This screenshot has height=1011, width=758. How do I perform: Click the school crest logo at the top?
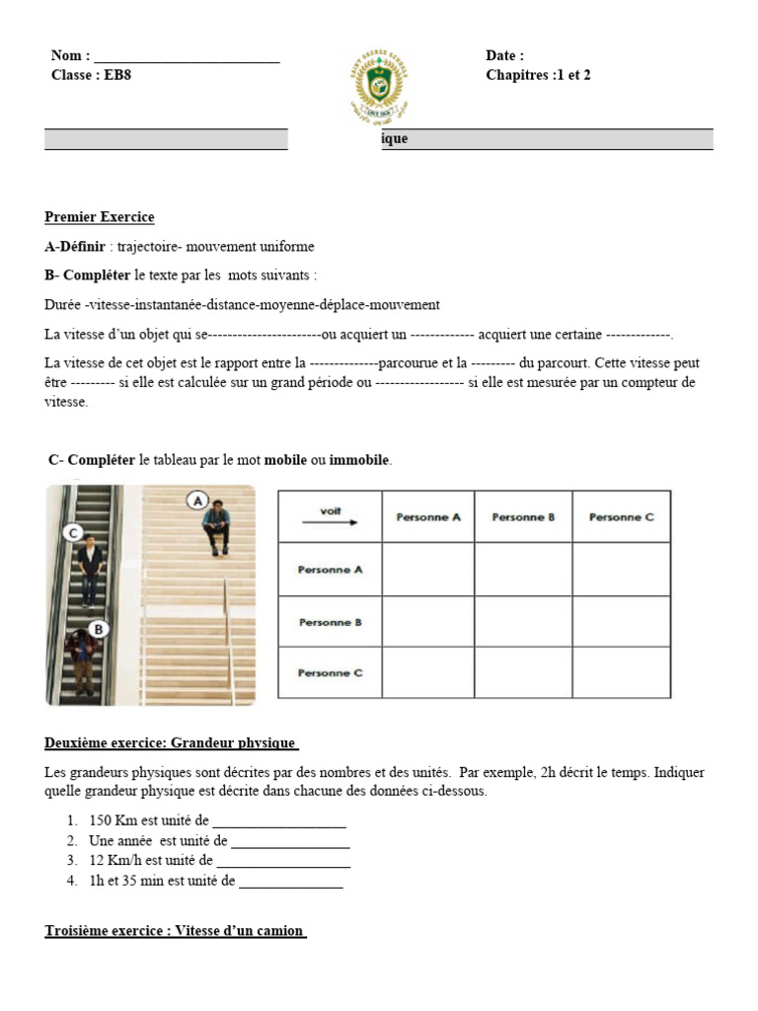(378, 87)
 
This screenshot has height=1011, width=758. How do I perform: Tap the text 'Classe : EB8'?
(90, 75)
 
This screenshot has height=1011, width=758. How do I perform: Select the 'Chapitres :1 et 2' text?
(538, 75)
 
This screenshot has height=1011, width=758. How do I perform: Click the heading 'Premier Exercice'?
(100, 217)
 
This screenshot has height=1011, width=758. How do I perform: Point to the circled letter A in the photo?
(197, 501)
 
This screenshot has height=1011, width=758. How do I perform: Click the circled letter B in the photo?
(98, 628)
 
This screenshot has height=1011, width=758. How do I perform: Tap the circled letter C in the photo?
(72, 533)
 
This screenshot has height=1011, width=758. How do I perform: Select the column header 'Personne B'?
(523, 516)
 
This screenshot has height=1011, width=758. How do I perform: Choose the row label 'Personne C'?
(331, 673)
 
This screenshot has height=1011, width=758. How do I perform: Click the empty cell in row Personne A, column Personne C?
(621, 570)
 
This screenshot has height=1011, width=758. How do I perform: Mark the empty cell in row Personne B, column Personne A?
(427, 622)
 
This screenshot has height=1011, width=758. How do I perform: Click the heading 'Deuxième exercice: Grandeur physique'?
(172, 742)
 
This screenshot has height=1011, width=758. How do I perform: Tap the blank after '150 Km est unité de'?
(279, 821)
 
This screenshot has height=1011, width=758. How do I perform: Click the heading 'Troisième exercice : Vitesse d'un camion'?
(176, 931)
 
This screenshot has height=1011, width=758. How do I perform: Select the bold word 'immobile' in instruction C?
(360, 460)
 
